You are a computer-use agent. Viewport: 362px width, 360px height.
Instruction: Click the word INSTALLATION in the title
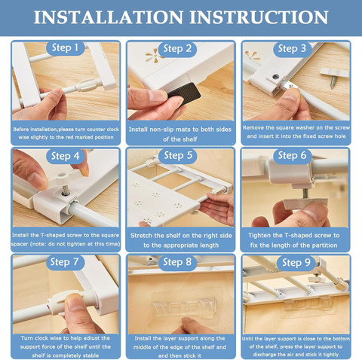[109, 17]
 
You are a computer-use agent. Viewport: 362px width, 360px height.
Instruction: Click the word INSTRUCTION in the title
[259, 17]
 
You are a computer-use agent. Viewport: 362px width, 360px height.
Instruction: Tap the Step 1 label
[65, 47]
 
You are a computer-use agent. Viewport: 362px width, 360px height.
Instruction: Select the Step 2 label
[177, 48]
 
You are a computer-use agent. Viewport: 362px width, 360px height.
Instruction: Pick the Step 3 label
[292, 48]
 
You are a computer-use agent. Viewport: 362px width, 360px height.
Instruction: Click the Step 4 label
[65, 156]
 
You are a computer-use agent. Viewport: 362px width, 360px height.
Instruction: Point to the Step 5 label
[178, 155]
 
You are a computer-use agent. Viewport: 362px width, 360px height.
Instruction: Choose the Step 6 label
[292, 155]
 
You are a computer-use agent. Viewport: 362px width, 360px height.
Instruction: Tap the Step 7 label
[64, 262]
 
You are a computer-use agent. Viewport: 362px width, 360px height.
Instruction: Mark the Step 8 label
[177, 262]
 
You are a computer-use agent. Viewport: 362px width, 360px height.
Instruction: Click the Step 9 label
[296, 263]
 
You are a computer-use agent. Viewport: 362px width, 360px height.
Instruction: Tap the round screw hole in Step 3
[276, 76]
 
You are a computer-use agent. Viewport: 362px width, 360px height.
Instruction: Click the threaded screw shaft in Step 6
[305, 194]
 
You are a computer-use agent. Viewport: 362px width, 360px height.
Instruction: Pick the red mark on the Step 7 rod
[48, 307]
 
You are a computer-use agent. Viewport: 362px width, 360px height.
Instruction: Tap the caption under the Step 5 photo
[181, 240]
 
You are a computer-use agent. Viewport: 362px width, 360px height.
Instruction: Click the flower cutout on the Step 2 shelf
[153, 56]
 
